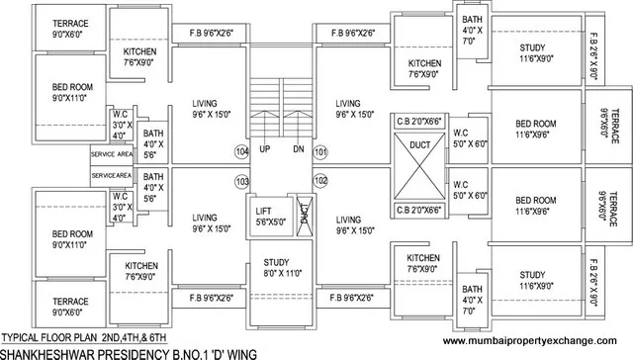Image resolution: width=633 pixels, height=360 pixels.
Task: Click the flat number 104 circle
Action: point(242,151)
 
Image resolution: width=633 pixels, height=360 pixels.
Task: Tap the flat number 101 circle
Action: point(319,151)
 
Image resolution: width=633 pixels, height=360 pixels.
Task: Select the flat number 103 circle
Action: point(242,181)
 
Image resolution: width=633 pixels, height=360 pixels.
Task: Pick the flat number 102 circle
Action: point(319,181)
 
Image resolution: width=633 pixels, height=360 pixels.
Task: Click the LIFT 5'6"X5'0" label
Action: point(264,217)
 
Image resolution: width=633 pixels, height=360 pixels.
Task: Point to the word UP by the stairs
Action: point(265,149)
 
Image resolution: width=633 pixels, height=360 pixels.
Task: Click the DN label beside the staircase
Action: point(299,149)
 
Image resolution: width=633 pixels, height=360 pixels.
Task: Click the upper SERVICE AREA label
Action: point(112,155)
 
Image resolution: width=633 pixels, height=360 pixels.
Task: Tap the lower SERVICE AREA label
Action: point(112,175)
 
